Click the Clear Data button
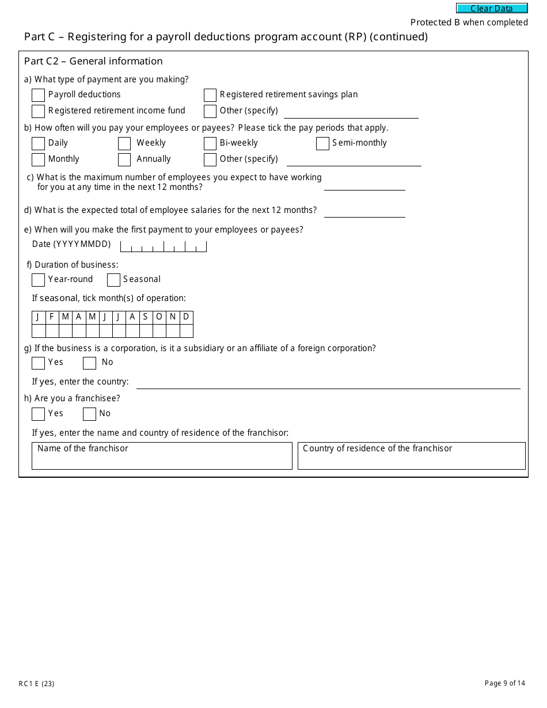[492, 8]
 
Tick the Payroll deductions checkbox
[39, 95]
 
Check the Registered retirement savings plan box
[210, 95]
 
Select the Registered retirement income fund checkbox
[39, 111]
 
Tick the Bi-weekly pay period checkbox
[210, 143]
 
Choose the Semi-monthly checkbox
[322, 143]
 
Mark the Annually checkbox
[124, 159]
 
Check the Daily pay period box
[39, 143]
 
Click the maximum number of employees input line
[364, 184]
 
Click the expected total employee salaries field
[364, 211]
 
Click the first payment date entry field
[164, 246]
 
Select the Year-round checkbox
[39, 280]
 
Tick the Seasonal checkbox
[113, 280]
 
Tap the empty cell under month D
[186, 331]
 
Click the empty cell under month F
[52, 331]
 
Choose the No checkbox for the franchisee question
[89, 414]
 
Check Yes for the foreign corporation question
[39, 363]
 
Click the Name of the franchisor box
[162, 459]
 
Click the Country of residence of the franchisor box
[411, 459]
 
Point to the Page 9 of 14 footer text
[505, 683]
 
